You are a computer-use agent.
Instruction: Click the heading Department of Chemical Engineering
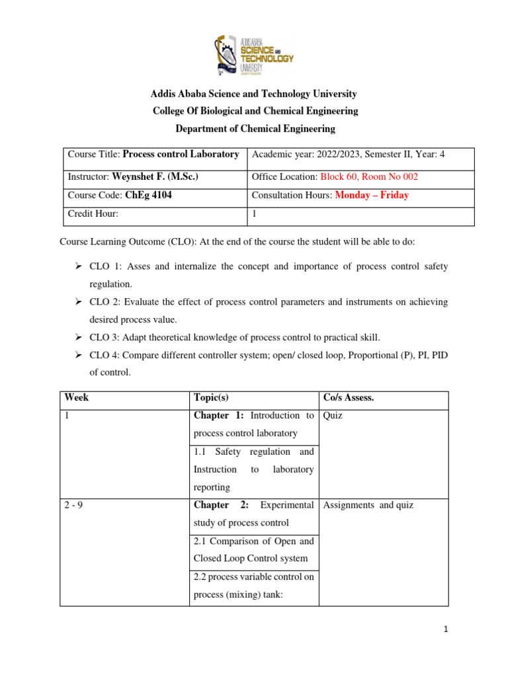point(255,129)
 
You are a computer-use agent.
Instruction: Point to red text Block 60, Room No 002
point(369,177)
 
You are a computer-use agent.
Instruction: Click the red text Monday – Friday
point(372,196)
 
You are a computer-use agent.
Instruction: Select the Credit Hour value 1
point(255,214)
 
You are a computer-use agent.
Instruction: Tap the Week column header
point(77,398)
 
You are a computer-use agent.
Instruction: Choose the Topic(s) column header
point(211,398)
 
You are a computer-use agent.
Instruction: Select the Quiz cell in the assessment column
point(333,417)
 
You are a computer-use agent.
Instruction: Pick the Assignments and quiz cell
point(368,506)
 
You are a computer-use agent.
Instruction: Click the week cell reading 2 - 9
point(73,506)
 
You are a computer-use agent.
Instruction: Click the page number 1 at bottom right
point(446,630)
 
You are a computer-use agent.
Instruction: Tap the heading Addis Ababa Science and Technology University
point(255,95)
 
